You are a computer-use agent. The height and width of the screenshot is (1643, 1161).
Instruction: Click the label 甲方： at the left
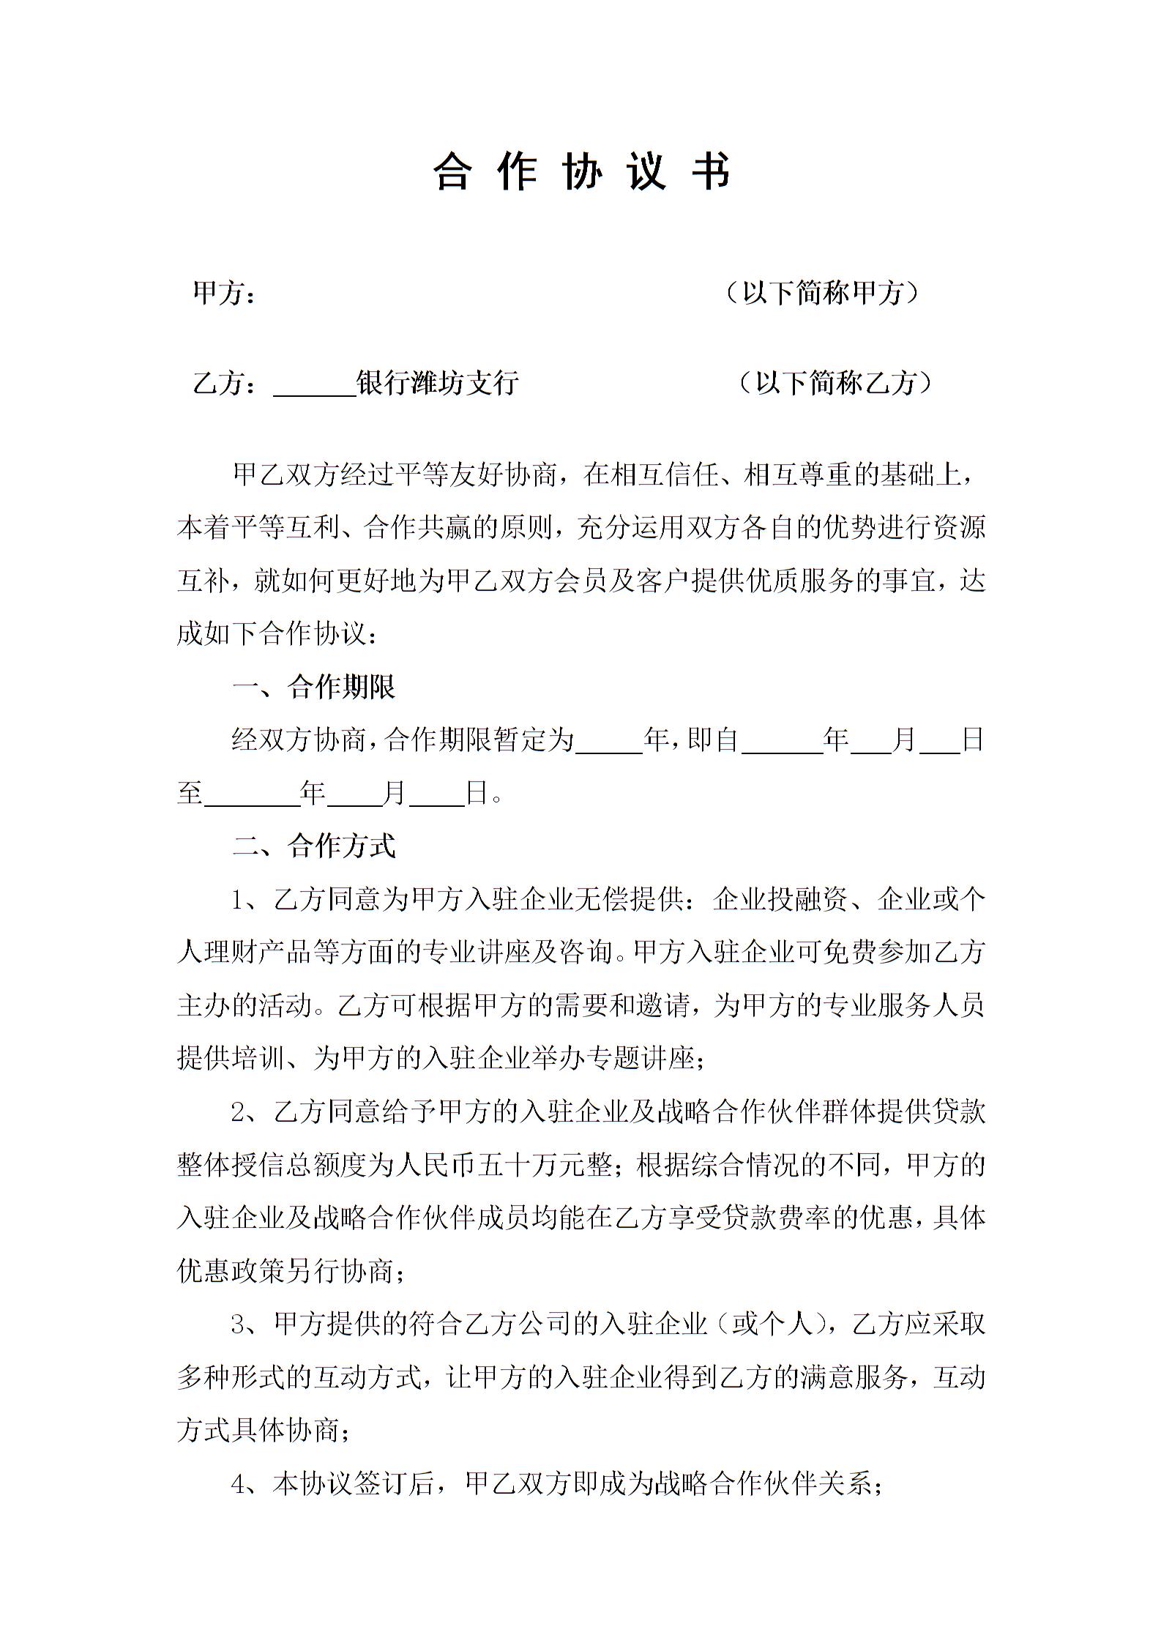224,294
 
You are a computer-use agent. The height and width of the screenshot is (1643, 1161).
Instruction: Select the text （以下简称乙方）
835,382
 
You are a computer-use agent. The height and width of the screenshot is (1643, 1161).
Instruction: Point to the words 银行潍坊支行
437,382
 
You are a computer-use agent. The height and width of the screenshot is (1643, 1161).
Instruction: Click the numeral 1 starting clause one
239,900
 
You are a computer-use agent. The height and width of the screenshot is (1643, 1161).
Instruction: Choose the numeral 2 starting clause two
239,1112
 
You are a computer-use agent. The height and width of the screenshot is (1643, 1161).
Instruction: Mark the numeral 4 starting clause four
239,1484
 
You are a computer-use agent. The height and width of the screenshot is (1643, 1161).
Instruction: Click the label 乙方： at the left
224,383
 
